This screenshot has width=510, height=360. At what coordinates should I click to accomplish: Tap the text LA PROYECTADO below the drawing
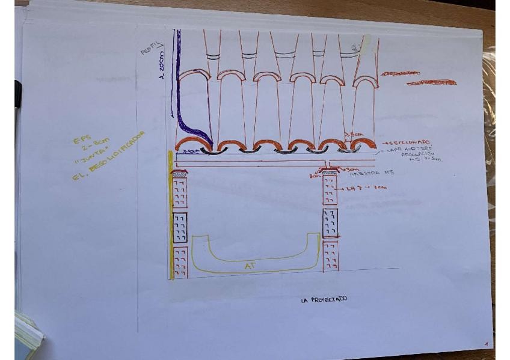pyautogui.click(x=324, y=299)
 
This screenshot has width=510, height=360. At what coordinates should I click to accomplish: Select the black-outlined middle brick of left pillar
pyautogui.click(x=180, y=227)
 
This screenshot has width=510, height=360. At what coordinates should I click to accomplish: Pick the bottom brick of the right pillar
pyautogui.click(x=330, y=255)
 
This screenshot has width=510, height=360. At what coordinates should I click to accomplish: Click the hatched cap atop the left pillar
pyautogui.click(x=180, y=173)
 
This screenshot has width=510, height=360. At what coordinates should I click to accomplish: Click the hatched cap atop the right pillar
pyautogui.click(x=330, y=174)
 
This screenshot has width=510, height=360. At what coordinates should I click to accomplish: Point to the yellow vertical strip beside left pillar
pyautogui.click(x=171, y=216)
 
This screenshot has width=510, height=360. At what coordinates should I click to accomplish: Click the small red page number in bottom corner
pyautogui.click(x=485, y=344)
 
